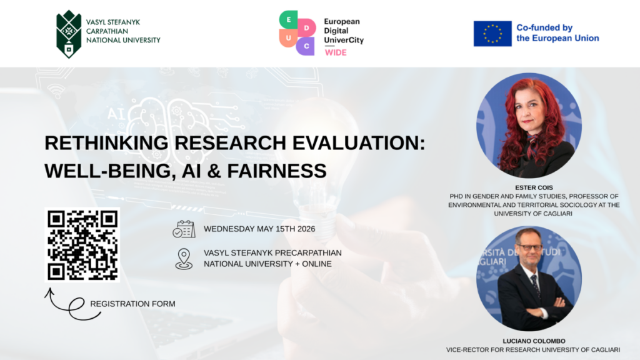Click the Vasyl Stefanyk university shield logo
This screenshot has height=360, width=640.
click(69, 34)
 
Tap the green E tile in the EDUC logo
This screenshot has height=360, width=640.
click(289, 19)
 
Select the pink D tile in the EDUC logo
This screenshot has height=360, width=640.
click(306, 27)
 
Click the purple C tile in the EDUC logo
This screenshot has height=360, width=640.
click(306, 46)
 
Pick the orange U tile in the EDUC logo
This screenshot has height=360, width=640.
click(288, 38)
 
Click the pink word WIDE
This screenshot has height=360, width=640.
click(336, 52)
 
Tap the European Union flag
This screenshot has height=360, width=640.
click(492, 34)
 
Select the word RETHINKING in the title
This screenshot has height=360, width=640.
click(106, 143)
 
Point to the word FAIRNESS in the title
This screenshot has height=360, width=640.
click(277, 171)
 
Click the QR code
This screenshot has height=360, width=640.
click(82, 245)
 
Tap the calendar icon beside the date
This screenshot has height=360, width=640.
click(184, 229)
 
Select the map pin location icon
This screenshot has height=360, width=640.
click(184, 259)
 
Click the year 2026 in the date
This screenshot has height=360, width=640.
click(306, 229)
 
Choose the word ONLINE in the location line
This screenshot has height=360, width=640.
click(317, 264)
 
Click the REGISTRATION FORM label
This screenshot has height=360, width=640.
click(132, 304)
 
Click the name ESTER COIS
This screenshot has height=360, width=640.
click(534, 187)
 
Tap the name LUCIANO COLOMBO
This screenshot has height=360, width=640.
click(534, 341)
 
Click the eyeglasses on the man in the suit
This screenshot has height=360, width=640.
click(529, 247)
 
